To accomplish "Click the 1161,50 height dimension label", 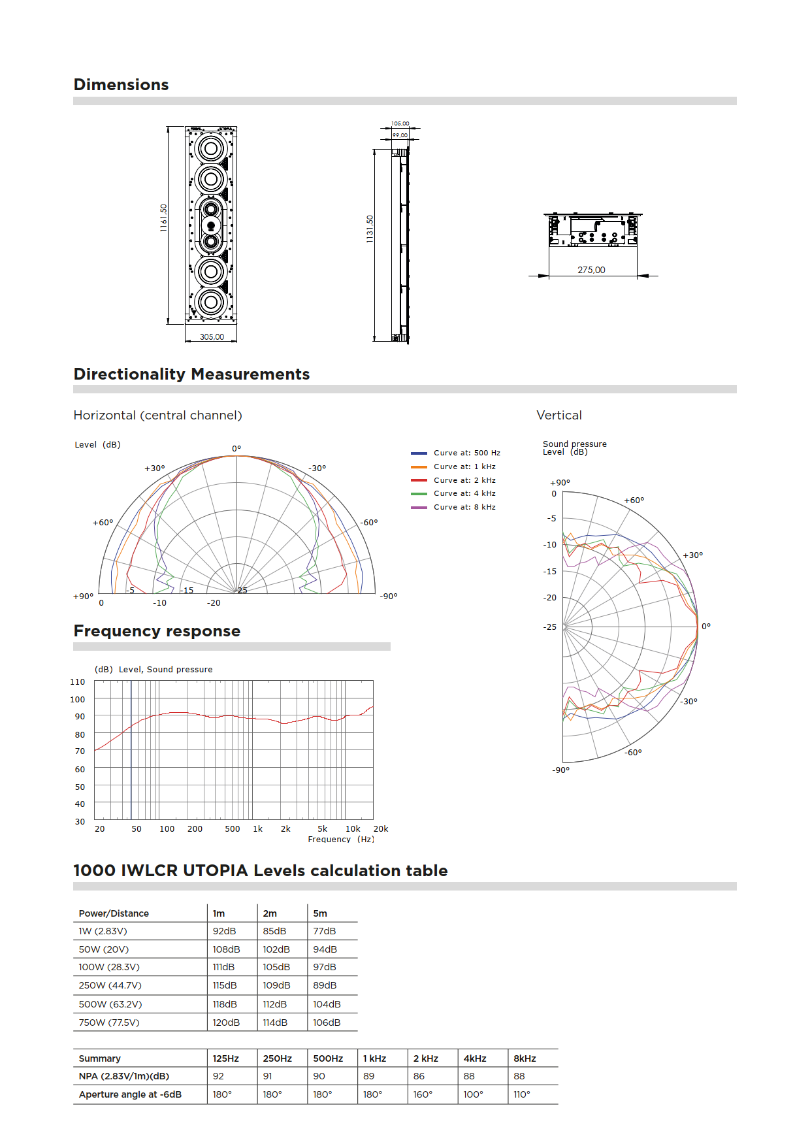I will point(164,218).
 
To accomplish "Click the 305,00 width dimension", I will point(212,337).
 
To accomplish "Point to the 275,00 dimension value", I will point(591,270).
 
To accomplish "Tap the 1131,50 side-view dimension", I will point(370,229).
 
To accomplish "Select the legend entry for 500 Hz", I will point(466,453).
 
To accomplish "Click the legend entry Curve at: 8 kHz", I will point(464,507).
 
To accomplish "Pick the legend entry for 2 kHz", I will point(464,480).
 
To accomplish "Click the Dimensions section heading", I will point(121,85).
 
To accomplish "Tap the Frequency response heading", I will point(157,631).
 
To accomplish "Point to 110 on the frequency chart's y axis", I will point(78,682).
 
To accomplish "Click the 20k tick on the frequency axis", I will point(381,829).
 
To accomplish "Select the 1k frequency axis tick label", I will point(258,829).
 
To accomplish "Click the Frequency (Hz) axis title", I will point(341,840).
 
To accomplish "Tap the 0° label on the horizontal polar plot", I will point(236,449).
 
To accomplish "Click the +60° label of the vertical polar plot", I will point(634,500).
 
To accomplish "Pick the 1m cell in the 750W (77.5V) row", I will point(226,1023).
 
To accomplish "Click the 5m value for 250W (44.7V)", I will point(325,985).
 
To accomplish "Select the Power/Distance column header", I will point(114,913).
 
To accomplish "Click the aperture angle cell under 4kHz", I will point(473,1094).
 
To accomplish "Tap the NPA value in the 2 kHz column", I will point(419,1076).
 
